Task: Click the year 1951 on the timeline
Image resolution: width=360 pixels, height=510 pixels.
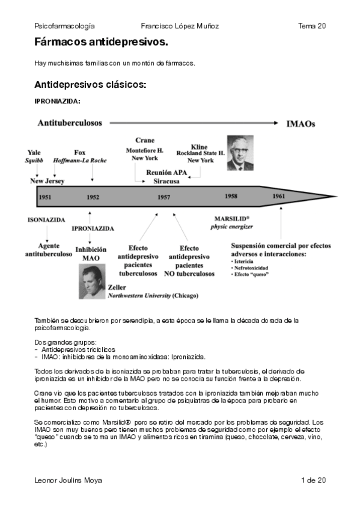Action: tap(44, 197)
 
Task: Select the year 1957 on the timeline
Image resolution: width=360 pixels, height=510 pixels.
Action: tap(163, 197)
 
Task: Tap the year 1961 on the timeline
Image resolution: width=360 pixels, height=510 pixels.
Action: tap(278, 197)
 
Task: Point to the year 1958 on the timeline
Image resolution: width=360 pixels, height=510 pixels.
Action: tap(231, 196)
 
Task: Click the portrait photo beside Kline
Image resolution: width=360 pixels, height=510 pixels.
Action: tap(240, 153)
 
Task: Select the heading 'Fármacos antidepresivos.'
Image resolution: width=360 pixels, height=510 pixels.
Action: tap(101, 44)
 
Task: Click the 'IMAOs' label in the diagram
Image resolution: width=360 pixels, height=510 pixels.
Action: tap(301, 124)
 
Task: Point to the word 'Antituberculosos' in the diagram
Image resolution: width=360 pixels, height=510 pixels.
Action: tap(70, 123)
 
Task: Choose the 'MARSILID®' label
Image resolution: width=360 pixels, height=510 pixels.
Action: tap(231, 219)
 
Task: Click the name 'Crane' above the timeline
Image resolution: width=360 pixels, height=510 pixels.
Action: tap(145, 140)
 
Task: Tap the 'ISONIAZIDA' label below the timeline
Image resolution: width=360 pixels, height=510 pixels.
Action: tap(46, 220)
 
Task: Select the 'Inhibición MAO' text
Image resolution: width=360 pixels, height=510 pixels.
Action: tap(91, 253)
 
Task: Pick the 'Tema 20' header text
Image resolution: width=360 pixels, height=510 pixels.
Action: tap(312, 26)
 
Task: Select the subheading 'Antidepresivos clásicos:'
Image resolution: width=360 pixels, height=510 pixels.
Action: tap(90, 85)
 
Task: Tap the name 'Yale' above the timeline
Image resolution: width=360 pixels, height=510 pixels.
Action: tap(35, 153)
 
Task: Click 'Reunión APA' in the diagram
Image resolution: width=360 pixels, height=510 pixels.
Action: tap(167, 173)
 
